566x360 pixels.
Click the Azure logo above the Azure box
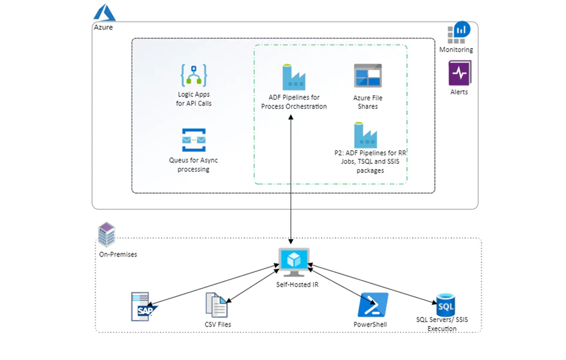(104, 12)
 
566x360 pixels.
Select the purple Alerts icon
(460, 73)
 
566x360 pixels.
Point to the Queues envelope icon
(194, 139)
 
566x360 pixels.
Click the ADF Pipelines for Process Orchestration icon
(293, 77)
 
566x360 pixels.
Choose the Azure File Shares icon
(367, 76)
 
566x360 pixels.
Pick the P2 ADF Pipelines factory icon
(365, 135)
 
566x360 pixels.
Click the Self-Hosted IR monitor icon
(293, 260)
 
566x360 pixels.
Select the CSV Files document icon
(216, 305)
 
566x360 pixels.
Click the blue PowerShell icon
(372, 305)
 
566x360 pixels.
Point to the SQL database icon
(445, 304)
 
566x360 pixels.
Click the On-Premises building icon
(106, 235)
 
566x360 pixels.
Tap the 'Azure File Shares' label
(367, 102)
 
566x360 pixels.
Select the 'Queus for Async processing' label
(194, 165)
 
